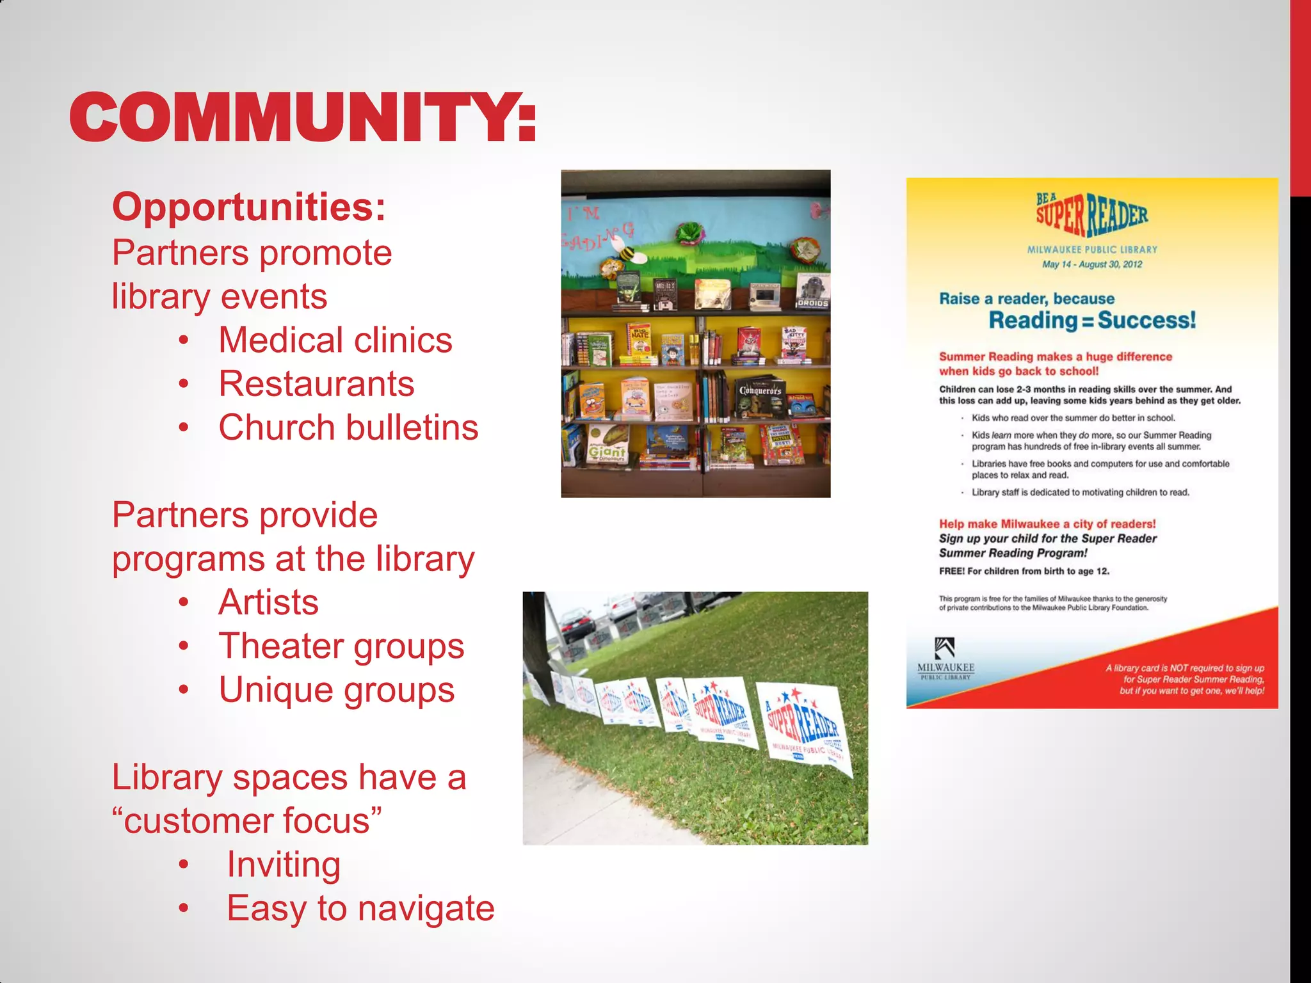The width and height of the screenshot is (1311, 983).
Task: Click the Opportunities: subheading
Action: (249, 207)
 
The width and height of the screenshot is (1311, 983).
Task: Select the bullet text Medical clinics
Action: (335, 340)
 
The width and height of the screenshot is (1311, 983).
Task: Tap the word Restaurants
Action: (316, 384)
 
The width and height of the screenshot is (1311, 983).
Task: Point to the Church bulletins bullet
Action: (348, 428)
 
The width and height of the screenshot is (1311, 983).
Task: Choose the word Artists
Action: (268, 602)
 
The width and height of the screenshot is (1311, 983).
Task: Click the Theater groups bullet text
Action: (341, 646)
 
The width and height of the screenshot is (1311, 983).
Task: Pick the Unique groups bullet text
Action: (336, 690)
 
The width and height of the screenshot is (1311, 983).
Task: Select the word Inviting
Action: (284, 865)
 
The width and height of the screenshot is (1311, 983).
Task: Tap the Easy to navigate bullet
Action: (360, 908)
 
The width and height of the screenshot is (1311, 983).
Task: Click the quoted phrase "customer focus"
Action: (246, 821)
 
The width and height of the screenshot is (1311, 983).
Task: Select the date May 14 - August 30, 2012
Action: (1091, 264)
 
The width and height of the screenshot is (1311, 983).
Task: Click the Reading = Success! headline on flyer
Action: (1091, 320)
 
